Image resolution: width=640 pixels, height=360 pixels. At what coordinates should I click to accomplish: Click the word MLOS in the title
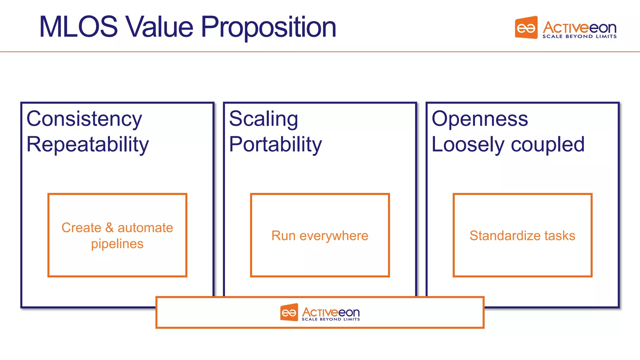pyautogui.click(x=78, y=27)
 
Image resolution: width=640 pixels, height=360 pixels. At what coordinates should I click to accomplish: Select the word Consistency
pyautogui.click(x=84, y=119)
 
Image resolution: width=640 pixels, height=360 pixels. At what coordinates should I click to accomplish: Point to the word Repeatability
pyautogui.click(x=87, y=145)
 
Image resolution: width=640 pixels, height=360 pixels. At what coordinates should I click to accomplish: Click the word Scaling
pyautogui.click(x=263, y=119)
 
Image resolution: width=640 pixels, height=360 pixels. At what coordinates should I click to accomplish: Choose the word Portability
pyautogui.click(x=275, y=145)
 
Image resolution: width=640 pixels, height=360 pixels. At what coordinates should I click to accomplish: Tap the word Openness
pyautogui.click(x=480, y=119)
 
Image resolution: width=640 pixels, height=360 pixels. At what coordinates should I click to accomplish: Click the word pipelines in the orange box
pyautogui.click(x=117, y=244)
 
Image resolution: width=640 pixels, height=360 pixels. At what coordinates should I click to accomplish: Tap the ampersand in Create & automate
pyautogui.click(x=109, y=227)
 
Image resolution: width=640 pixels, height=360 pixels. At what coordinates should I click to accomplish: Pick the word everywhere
pyautogui.click(x=334, y=236)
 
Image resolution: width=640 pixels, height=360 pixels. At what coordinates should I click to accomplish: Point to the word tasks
pyautogui.click(x=560, y=236)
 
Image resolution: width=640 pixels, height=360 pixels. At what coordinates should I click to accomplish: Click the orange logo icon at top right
pyautogui.click(x=526, y=28)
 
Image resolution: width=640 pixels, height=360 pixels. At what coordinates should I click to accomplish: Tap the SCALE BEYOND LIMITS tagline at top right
pyautogui.click(x=579, y=37)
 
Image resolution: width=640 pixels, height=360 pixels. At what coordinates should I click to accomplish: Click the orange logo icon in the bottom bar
pyautogui.click(x=289, y=312)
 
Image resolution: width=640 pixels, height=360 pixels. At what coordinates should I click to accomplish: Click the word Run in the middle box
pyautogui.click(x=283, y=236)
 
